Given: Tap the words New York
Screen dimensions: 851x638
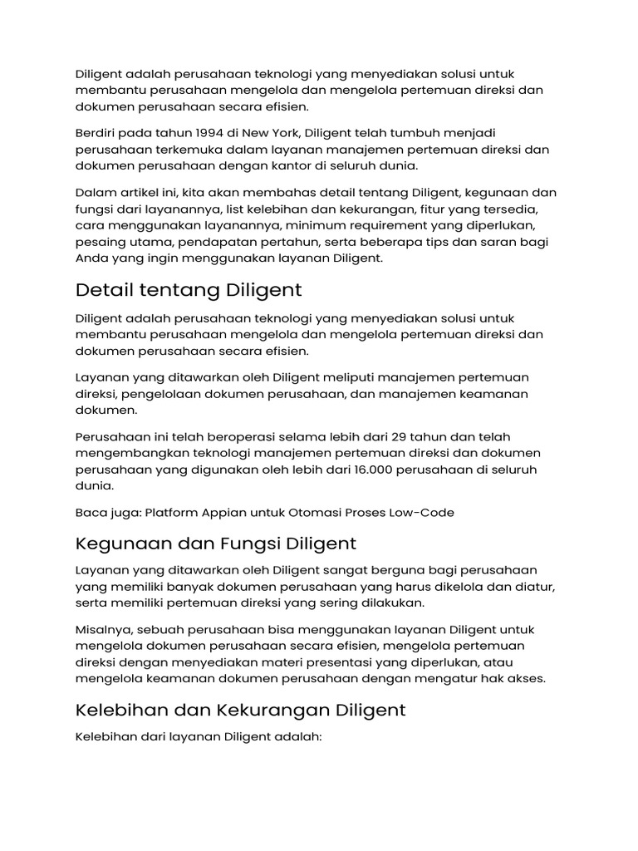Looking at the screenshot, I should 270,133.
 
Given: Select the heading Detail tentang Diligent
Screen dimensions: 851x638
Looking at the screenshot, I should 189,290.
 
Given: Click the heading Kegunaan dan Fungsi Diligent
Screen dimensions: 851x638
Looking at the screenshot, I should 216,544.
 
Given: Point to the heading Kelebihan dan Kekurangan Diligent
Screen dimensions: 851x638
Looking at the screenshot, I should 241,711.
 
